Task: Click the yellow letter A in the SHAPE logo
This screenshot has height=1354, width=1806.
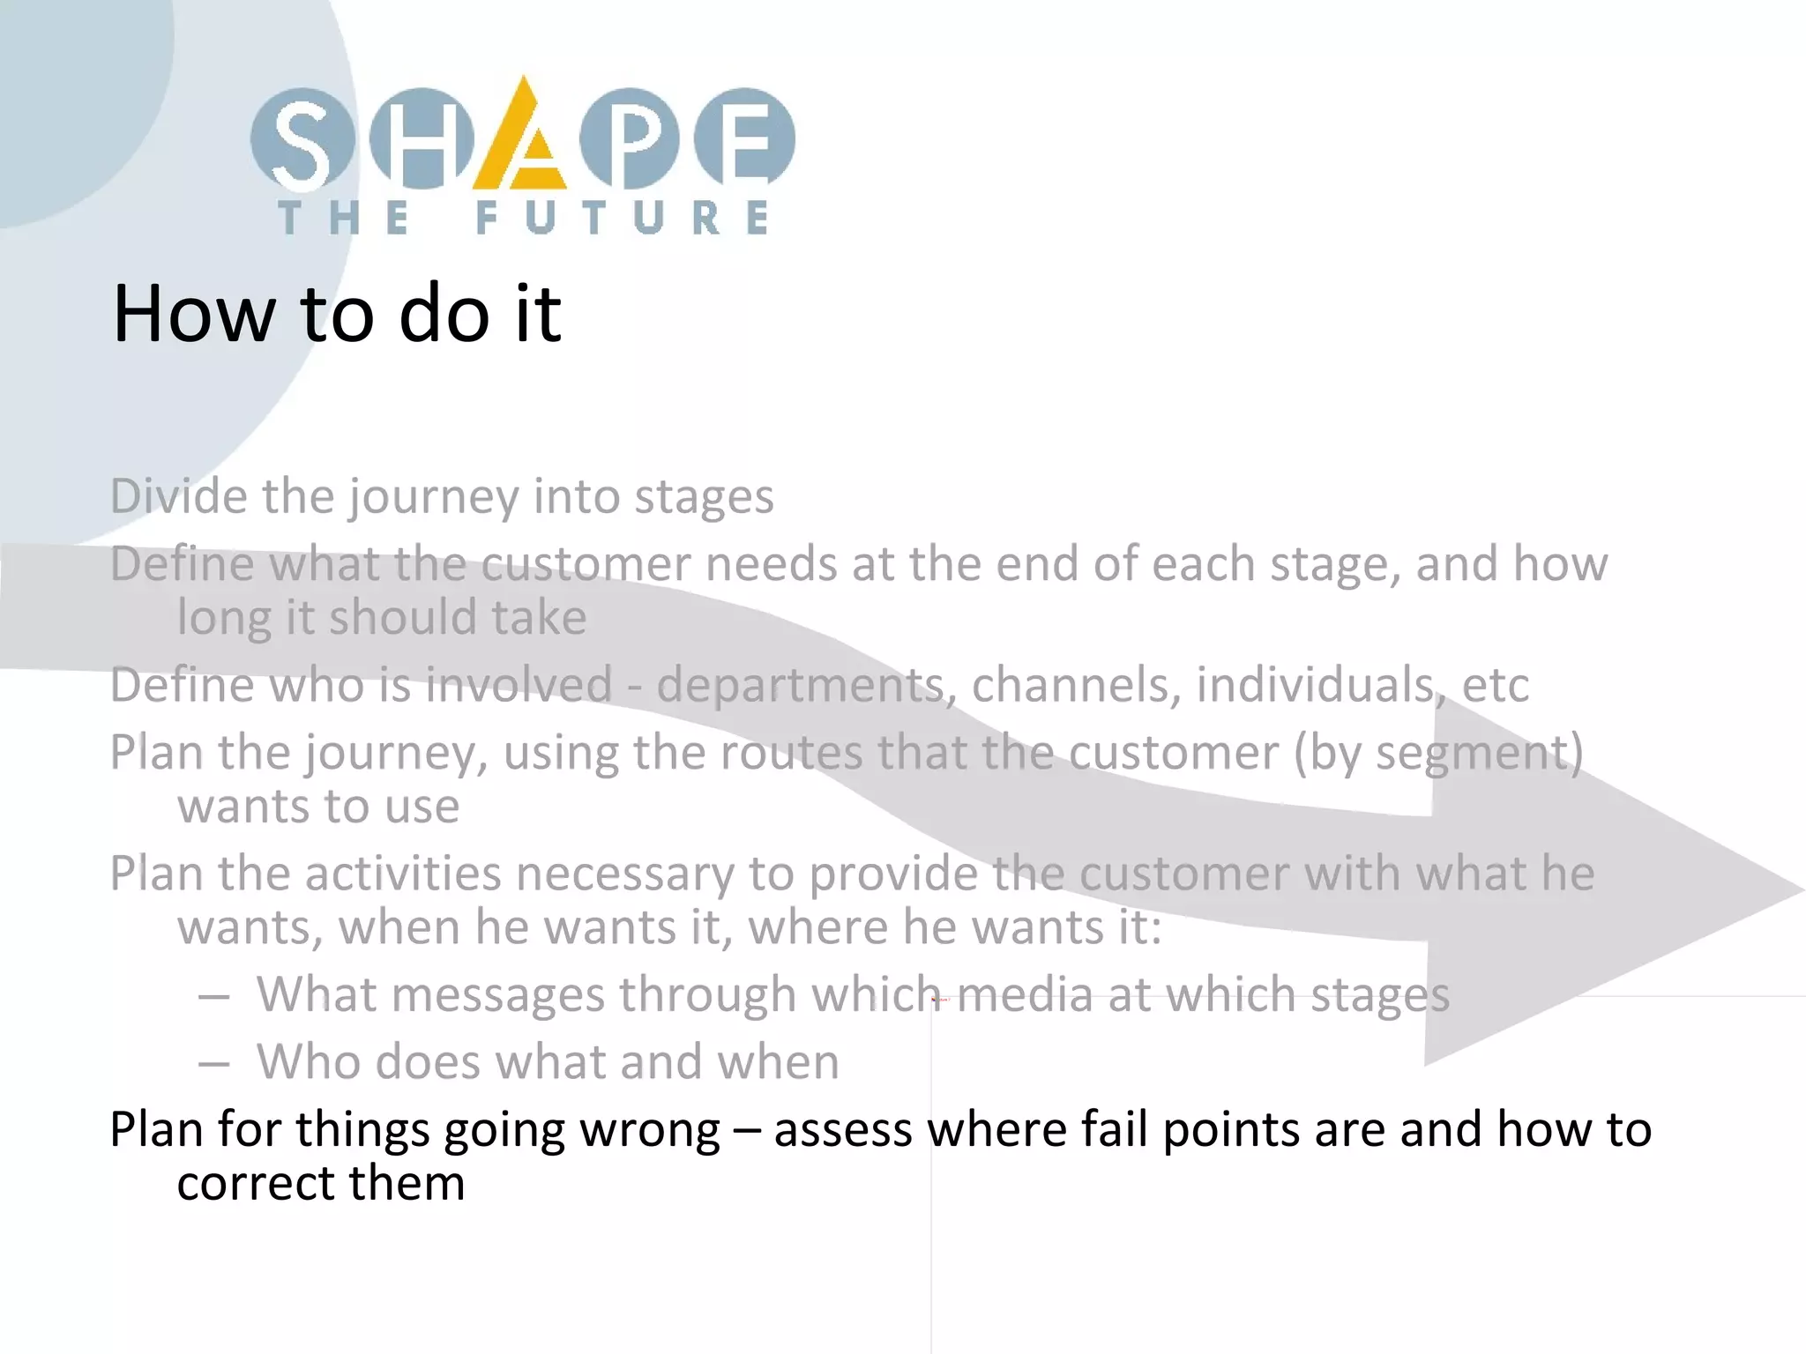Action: click(x=520, y=141)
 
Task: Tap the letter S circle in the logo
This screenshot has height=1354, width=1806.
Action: click(x=301, y=139)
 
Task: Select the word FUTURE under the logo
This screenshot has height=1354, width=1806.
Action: click(x=623, y=218)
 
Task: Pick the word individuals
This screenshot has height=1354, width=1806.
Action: click(x=1315, y=684)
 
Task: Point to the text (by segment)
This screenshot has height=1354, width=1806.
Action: click(x=1437, y=753)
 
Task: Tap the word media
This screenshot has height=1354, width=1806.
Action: click(x=1025, y=994)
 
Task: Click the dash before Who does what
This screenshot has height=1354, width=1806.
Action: click(x=214, y=1063)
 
